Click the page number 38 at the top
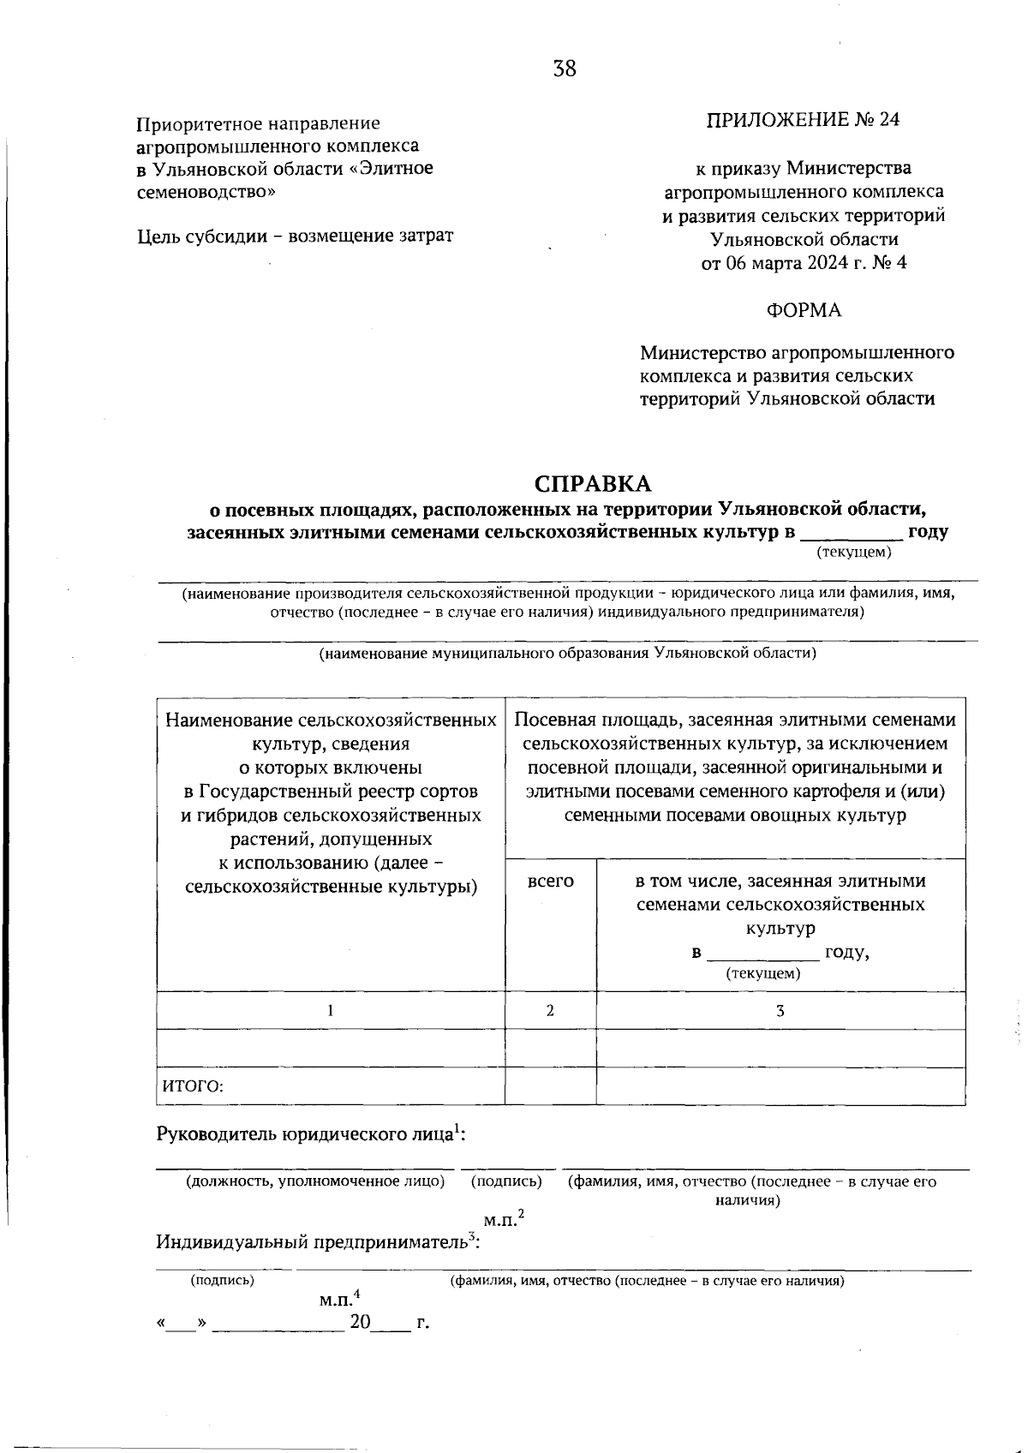tap(565, 69)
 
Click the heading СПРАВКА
tap(593, 483)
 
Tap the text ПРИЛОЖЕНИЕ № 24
tap(803, 120)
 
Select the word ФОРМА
tap(804, 310)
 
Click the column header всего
tap(550, 881)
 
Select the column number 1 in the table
tap(331, 1010)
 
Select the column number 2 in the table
tap(550, 1010)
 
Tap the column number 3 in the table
tap(780, 1010)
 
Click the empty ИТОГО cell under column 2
tap(550, 1086)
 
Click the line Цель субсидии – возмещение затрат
tap(296, 236)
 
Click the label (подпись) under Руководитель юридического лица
tap(506, 1181)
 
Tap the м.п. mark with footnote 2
tap(504, 1218)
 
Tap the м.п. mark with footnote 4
tap(339, 1300)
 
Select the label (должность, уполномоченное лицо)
tap(315, 1181)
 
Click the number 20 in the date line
tap(359, 1323)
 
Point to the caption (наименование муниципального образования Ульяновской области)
tap(567, 654)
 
